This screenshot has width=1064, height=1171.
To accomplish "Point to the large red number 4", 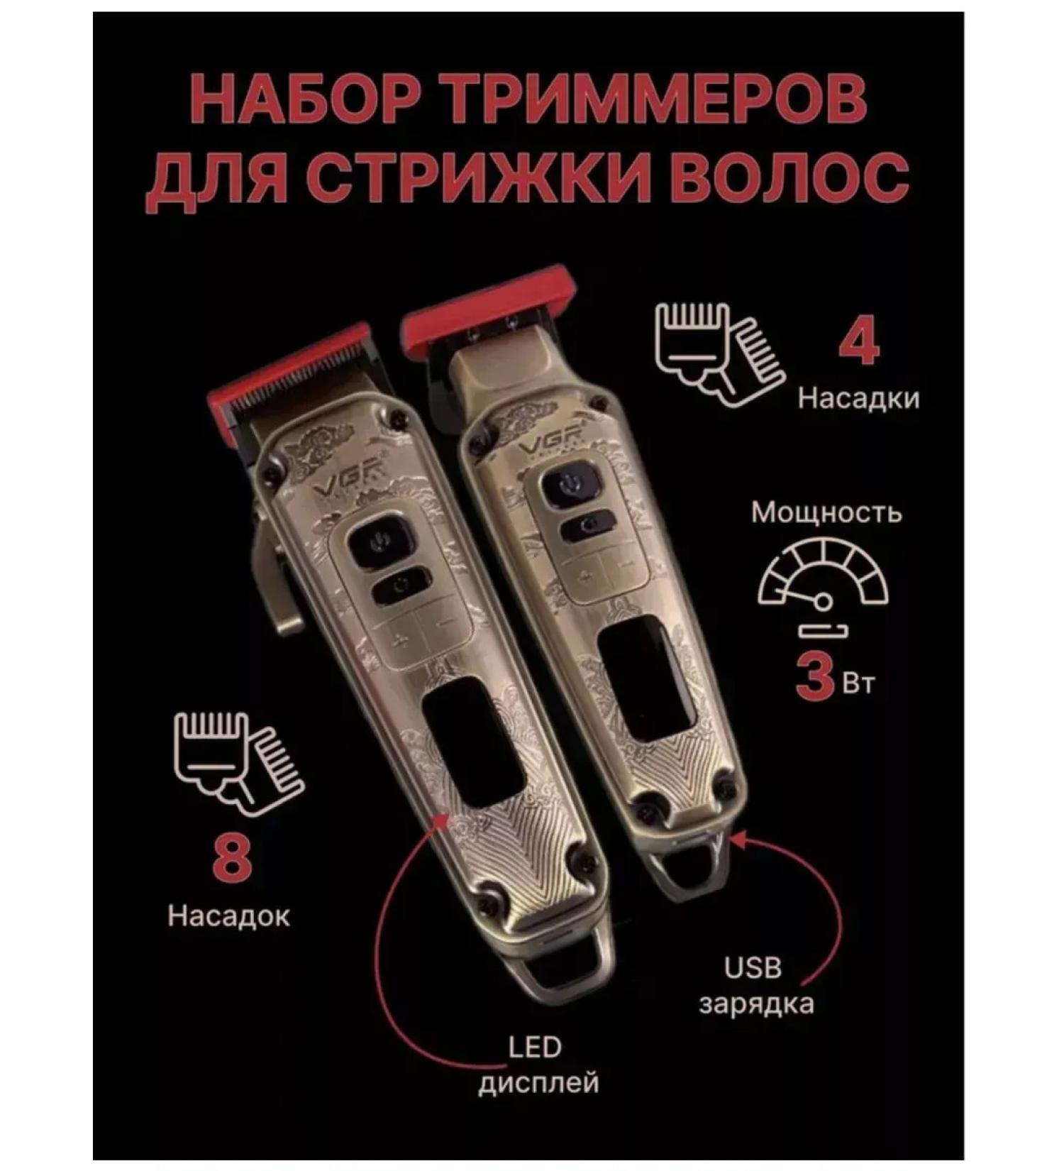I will pos(859,343).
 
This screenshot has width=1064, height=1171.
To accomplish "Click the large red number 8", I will pos(231,858).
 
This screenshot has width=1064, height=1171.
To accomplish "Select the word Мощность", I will pos(826,512).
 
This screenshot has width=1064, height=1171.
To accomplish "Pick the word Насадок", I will pos(229,916).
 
